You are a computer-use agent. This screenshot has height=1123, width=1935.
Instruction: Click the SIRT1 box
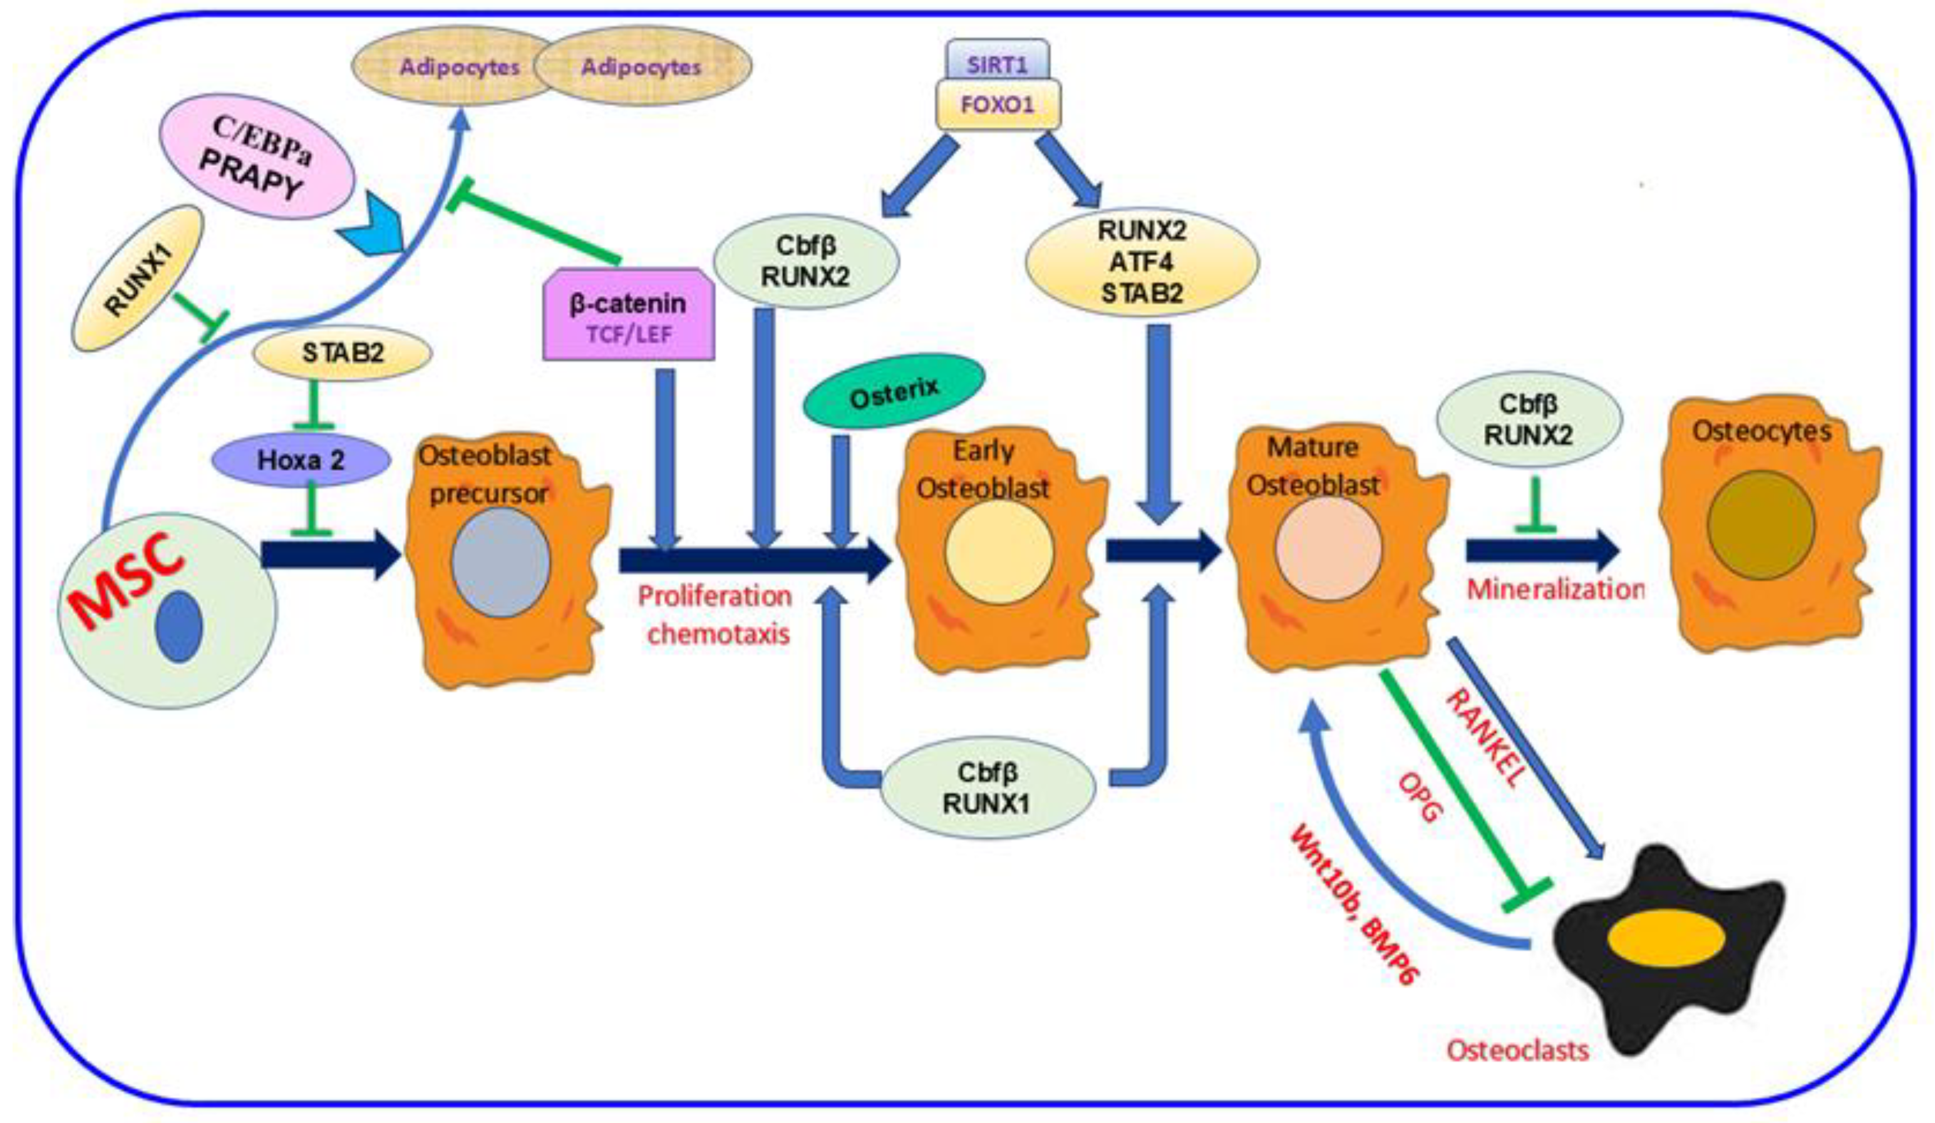(997, 64)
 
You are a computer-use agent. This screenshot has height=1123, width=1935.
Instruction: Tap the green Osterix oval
(894, 390)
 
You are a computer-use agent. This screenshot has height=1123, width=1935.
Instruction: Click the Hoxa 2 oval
(301, 460)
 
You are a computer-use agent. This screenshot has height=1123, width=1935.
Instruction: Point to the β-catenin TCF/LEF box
(628, 315)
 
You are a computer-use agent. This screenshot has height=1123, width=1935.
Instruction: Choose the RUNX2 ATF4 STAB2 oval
(1142, 262)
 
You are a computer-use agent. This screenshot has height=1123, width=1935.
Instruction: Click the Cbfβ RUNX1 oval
(987, 788)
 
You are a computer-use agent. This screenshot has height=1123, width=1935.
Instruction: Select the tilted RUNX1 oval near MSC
(138, 279)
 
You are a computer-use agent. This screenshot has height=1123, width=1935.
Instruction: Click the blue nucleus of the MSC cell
(179, 627)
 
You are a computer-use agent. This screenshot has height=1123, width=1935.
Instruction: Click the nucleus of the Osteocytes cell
(1761, 525)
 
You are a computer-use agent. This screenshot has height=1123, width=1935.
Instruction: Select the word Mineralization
(1555, 590)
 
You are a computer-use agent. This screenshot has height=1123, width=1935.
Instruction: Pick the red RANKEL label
(1484, 737)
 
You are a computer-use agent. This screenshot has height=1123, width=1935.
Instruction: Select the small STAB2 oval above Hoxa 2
(343, 354)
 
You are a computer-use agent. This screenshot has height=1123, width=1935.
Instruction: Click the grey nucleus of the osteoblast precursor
(500, 562)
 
